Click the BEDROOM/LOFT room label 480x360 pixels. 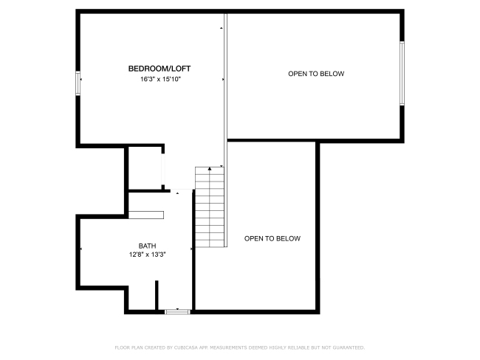click(160, 69)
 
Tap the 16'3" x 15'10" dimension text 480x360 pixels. click(161, 79)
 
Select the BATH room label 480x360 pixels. click(147, 246)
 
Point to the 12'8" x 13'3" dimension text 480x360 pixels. click(147, 255)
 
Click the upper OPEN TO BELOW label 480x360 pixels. click(316, 74)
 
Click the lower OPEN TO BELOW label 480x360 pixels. click(272, 238)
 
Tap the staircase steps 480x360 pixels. click(210, 207)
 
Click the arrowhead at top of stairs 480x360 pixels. click(210, 168)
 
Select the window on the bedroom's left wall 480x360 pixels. click(78, 83)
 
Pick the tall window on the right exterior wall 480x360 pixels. click(402, 74)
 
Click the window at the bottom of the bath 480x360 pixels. click(177, 311)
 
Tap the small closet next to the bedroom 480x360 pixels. click(145, 168)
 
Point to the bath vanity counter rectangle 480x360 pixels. click(146, 215)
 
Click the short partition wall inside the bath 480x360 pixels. click(157, 295)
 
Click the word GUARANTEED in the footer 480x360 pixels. click(349, 347)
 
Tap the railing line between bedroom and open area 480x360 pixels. click(226, 130)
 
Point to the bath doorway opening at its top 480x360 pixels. click(181, 190)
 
